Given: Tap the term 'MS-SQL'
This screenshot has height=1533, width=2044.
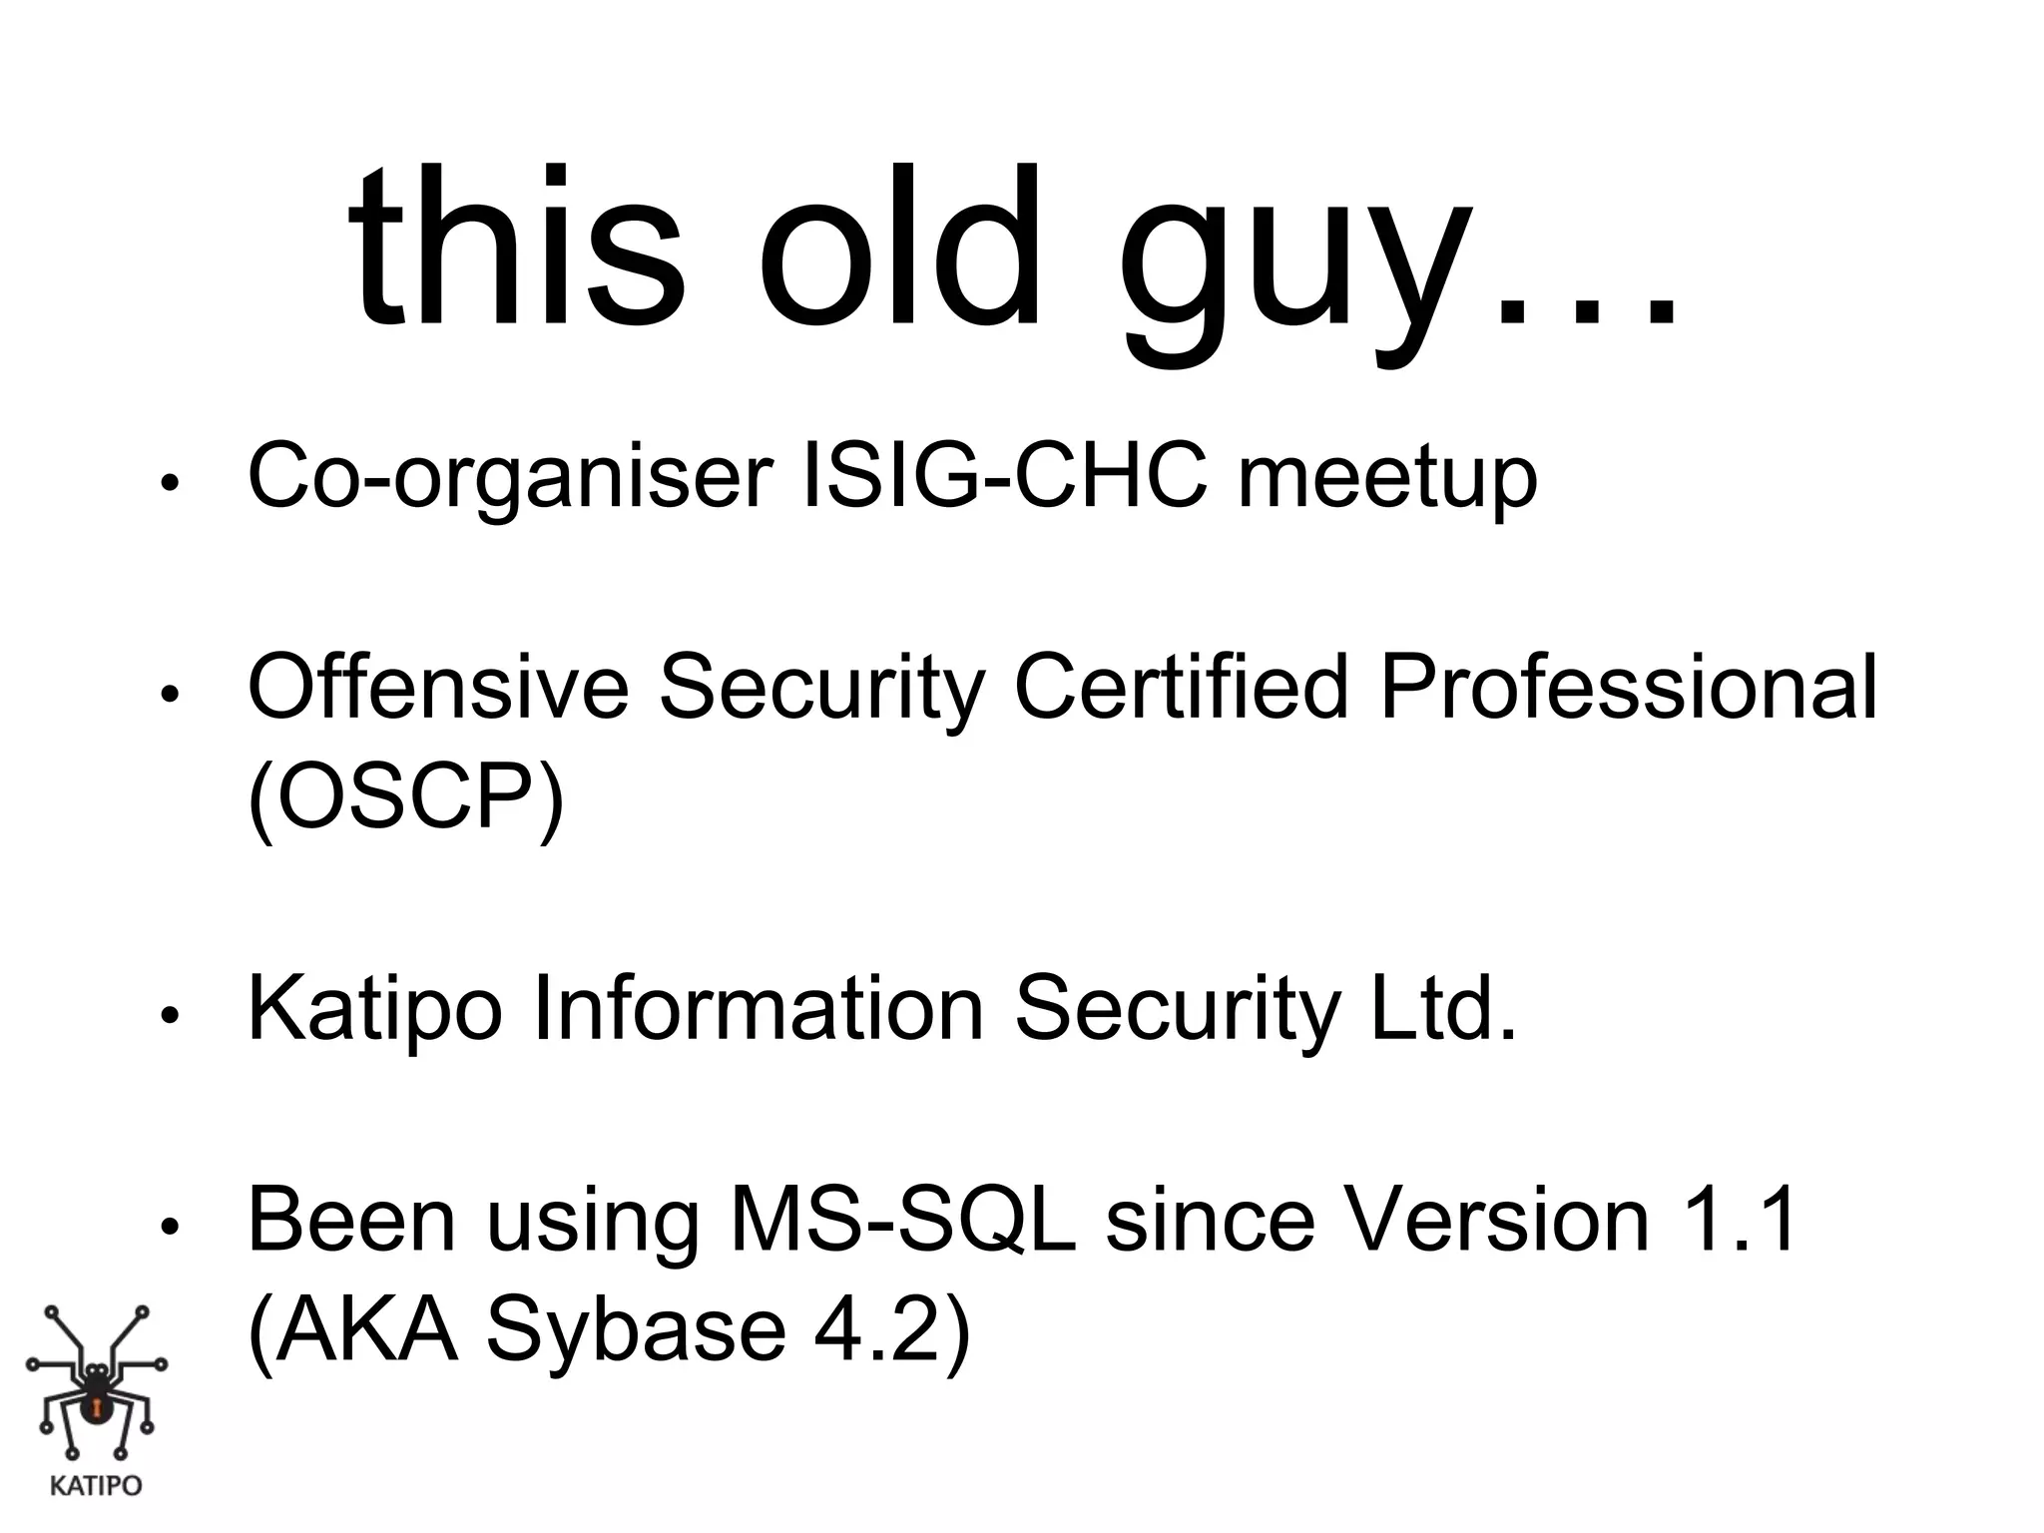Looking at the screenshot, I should click(x=903, y=1220).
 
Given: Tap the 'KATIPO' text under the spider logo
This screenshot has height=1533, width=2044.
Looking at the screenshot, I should click(x=96, y=1486).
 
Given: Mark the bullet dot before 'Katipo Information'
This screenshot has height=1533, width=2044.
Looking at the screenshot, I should click(x=169, y=1016).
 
